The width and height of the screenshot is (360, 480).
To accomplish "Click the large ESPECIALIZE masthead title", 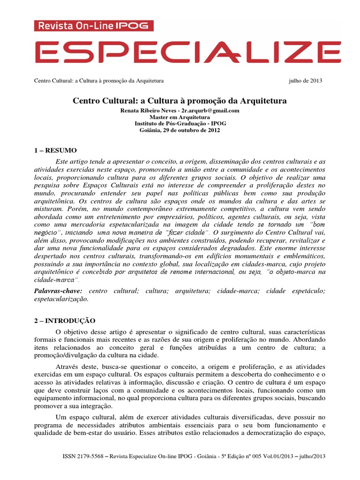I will tap(180, 52).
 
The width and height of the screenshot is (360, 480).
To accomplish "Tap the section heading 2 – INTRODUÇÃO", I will tap(65, 321).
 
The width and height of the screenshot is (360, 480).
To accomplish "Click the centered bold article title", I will tap(179, 101).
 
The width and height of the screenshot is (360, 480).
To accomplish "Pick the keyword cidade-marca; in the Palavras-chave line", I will tap(236, 291).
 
